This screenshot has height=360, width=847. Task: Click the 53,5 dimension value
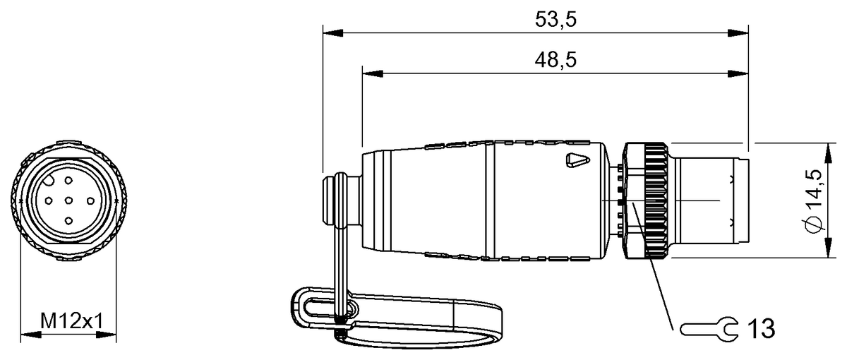pos(555,19)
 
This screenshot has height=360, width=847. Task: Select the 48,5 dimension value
pos(555,60)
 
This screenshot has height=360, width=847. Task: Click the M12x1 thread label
pos(72,321)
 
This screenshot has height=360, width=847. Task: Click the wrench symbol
pos(709,329)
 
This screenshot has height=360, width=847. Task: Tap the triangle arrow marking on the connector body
pos(578,160)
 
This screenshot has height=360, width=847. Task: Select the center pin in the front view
pos(68,200)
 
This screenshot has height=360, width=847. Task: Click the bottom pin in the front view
pos(68,221)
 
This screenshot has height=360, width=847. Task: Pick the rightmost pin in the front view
pos(90,201)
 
